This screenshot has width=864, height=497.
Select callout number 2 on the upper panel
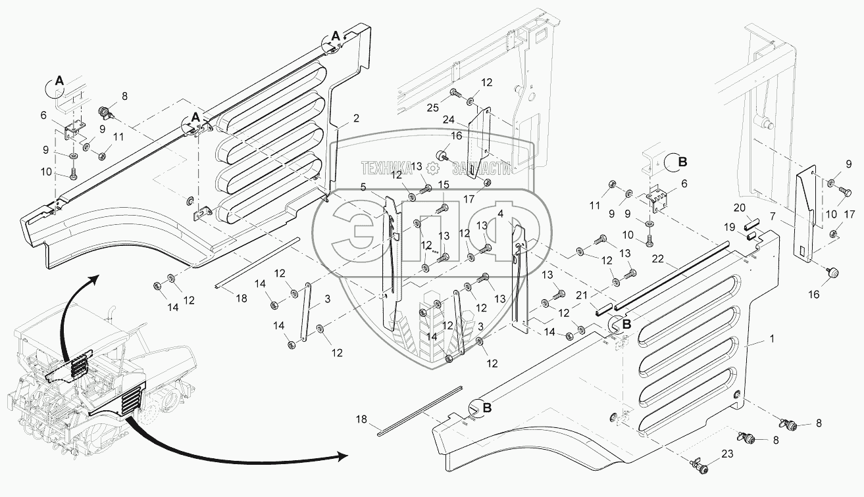pyautogui.click(x=356, y=118)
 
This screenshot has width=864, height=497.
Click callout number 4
pyautogui.click(x=501, y=214)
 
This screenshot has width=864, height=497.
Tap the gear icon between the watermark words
pyautogui.click(x=433, y=169)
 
